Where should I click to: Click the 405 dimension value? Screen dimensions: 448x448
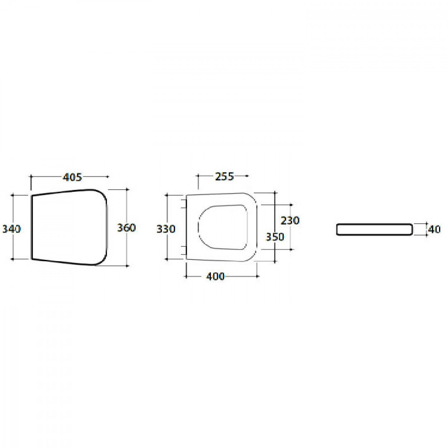pyautogui.click(x=72, y=177)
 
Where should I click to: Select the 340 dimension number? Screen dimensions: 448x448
pyautogui.click(x=11, y=229)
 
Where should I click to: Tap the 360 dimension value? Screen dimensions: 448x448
pyautogui.click(x=126, y=228)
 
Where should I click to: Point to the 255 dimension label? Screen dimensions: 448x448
pyautogui.click(x=224, y=177)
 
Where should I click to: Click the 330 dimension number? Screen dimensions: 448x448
pyautogui.click(x=166, y=229)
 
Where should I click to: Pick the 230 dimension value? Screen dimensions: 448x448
pyautogui.click(x=290, y=221)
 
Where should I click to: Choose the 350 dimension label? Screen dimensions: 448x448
pyautogui.click(x=275, y=237)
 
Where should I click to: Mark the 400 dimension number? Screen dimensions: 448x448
pyautogui.click(x=215, y=276)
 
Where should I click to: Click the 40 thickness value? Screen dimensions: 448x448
pyautogui.click(x=434, y=230)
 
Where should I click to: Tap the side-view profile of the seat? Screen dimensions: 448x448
pyautogui.click(x=374, y=229)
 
